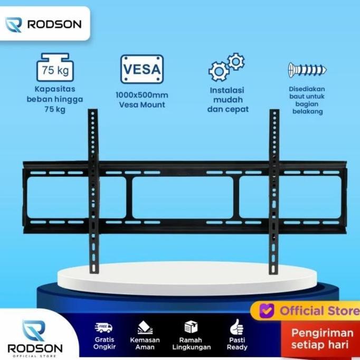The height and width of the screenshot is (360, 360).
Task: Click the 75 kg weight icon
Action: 55,67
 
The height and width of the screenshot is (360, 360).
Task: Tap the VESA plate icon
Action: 142,69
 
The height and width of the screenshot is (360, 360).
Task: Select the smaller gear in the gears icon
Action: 236,61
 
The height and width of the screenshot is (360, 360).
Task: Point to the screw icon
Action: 307,70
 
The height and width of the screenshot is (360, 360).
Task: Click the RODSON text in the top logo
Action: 54,24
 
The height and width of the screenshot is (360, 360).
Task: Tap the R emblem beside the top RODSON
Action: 14,25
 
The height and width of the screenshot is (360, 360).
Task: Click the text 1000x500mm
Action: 142,95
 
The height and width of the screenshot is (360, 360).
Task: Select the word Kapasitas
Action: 55,89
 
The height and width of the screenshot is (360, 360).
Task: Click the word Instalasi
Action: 227,90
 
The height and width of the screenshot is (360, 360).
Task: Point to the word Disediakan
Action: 307,89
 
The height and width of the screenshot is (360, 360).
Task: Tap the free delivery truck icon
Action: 103,328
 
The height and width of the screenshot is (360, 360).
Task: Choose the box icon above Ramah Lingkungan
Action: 191,327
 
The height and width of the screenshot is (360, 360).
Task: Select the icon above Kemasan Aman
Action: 145,327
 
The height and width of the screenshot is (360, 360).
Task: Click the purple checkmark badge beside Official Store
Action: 267,310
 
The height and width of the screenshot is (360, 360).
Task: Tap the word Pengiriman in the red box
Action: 323,333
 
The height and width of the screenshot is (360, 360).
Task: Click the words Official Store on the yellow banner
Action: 319,310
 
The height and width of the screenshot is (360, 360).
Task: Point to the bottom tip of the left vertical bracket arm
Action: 94,273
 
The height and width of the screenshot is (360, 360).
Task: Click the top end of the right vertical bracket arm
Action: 274,110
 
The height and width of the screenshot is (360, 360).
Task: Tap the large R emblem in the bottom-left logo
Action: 34,330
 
